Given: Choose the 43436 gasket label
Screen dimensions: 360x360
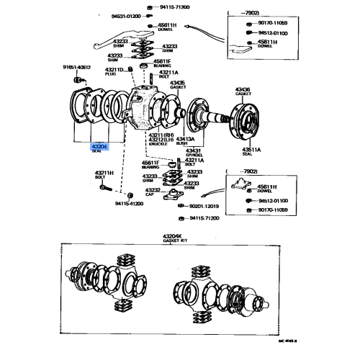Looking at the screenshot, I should [243, 90].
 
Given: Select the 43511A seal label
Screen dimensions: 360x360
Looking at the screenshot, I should [243, 150].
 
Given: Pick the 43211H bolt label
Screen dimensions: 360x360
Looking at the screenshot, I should [105, 174].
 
